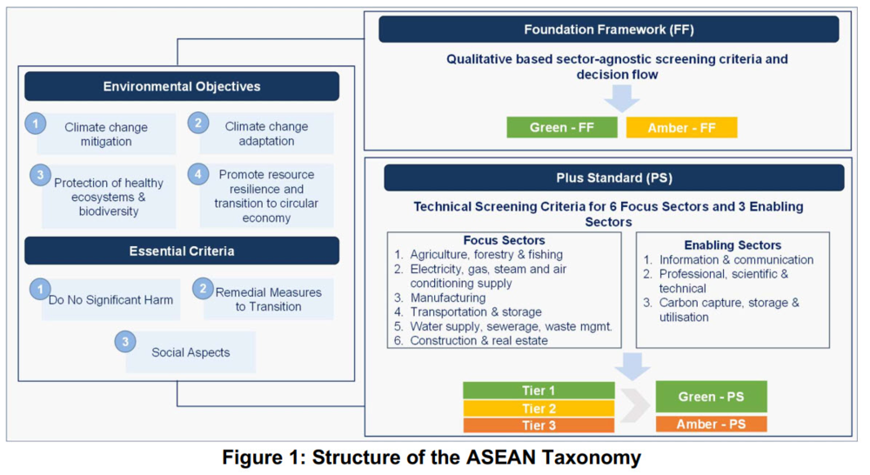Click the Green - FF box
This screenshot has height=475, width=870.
coord(561,128)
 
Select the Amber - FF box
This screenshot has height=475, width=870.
coord(681,128)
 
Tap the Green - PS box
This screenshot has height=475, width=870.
coord(711,397)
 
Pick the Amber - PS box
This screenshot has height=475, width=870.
coord(711,425)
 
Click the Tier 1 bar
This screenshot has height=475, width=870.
coord(539,391)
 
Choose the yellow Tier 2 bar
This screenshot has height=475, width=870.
coord(539,408)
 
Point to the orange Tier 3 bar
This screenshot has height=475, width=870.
coord(539,425)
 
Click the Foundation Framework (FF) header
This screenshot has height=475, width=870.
coord(609,30)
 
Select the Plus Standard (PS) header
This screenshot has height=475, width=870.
coord(613,177)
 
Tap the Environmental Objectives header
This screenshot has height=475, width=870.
coord(182,87)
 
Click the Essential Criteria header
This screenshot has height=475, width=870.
coord(182,251)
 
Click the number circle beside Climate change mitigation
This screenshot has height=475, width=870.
coord(36,124)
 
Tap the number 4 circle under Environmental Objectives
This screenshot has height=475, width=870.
coord(198,174)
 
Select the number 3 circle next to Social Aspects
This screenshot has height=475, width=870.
coord(125,342)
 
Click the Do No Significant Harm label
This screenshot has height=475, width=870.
coord(111,299)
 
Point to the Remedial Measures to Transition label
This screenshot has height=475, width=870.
coord(269,299)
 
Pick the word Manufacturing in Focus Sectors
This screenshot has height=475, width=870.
coord(448,298)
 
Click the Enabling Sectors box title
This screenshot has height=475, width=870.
coord(733,245)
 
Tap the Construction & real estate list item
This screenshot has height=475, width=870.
coord(478,341)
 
